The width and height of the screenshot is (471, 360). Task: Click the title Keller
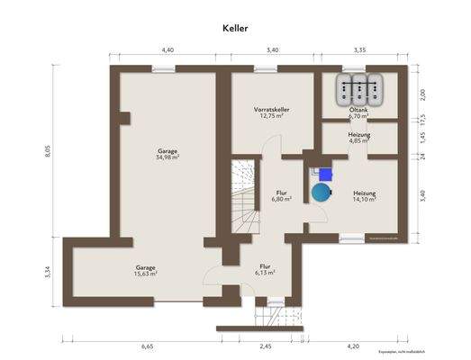click(235, 28)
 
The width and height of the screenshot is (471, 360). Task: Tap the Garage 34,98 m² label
click(167, 154)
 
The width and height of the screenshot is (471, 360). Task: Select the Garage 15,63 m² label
click(146, 270)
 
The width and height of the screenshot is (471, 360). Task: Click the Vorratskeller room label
click(269, 112)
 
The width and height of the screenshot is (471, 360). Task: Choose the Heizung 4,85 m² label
click(359, 137)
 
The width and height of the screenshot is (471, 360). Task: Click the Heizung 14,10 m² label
click(364, 196)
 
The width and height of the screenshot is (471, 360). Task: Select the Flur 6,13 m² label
click(265, 269)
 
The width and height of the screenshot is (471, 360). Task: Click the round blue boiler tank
click(321, 191)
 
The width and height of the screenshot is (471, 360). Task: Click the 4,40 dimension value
click(168, 50)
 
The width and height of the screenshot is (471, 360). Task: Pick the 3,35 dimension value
click(360, 50)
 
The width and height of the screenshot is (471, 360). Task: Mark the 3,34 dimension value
click(49, 271)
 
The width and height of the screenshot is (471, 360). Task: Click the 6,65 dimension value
click(147, 346)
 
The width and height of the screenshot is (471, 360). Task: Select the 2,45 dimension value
click(265, 346)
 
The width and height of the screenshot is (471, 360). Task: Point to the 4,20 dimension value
click(353, 346)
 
